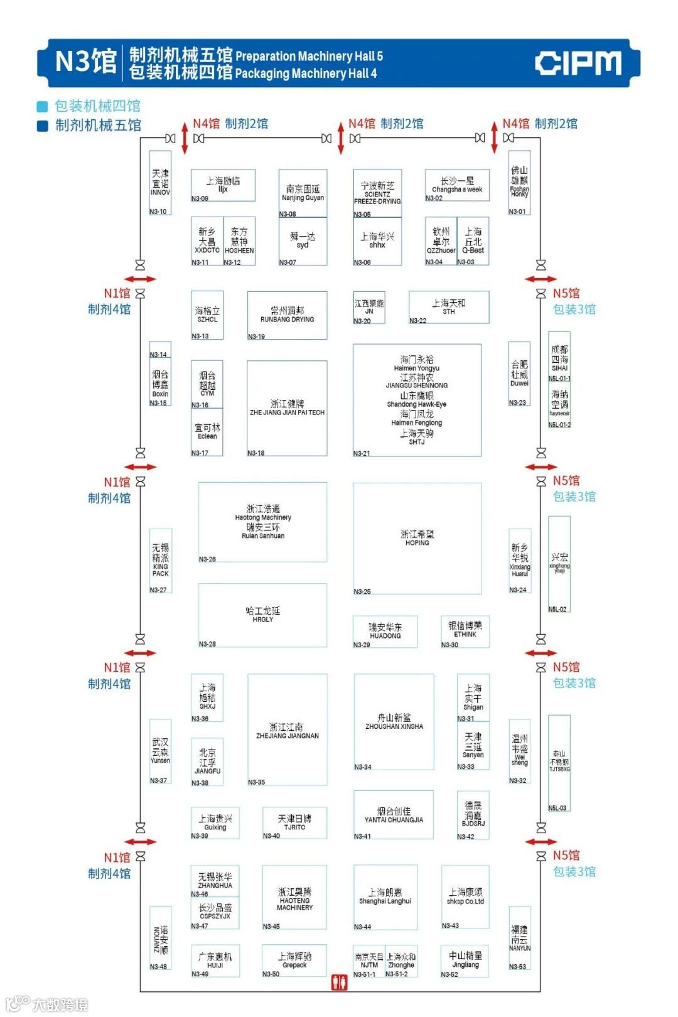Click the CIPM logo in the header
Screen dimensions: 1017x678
pyautogui.click(x=578, y=63)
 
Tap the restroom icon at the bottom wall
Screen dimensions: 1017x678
pyautogui.click(x=339, y=982)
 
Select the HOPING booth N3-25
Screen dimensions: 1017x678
pyautogui.click(x=417, y=538)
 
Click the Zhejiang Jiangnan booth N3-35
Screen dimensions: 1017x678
pyautogui.click(x=288, y=729)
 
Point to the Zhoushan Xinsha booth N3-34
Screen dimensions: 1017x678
pyautogui.click(x=394, y=721)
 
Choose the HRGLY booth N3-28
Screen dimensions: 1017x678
pyautogui.click(x=263, y=615)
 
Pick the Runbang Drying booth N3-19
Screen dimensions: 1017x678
pyautogui.click(x=288, y=315)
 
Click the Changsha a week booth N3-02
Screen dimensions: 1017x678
pyautogui.click(x=457, y=185)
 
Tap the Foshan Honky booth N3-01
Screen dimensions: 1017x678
pyautogui.click(x=519, y=183)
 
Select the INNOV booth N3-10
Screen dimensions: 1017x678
pyautogui.click(x=160, y=183)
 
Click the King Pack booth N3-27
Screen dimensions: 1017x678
pyautogui.click(x=161, y=561)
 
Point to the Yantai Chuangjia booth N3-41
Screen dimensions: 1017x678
pyautogui.click(x=394, y=814)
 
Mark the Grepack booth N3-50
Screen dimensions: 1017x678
pyautogui.click(x=294, y=960)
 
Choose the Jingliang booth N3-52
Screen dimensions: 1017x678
pyautogui.click(x=465, y=960)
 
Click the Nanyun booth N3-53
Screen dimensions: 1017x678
pyautogui.click(x=519, y=939)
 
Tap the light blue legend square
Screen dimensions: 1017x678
pyautogui.click(x=43, y=106)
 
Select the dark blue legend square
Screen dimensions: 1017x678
pyautogui.click(x=43, y=126)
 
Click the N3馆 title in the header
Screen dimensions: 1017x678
pyautogui.click(x=86, y=62)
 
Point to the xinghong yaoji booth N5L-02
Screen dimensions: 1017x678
pyautogui.click(x=559, y=564)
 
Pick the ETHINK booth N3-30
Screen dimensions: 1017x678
pyautogui.click(x=465, y=630)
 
